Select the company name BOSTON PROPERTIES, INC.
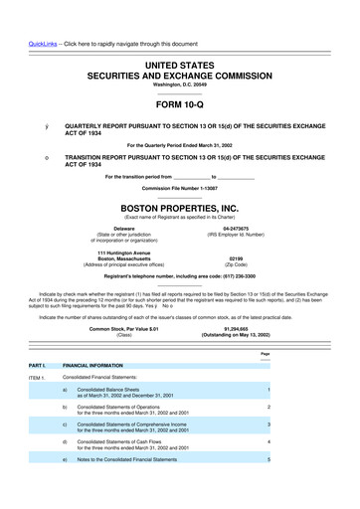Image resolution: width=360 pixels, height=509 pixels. tap(180, 197)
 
